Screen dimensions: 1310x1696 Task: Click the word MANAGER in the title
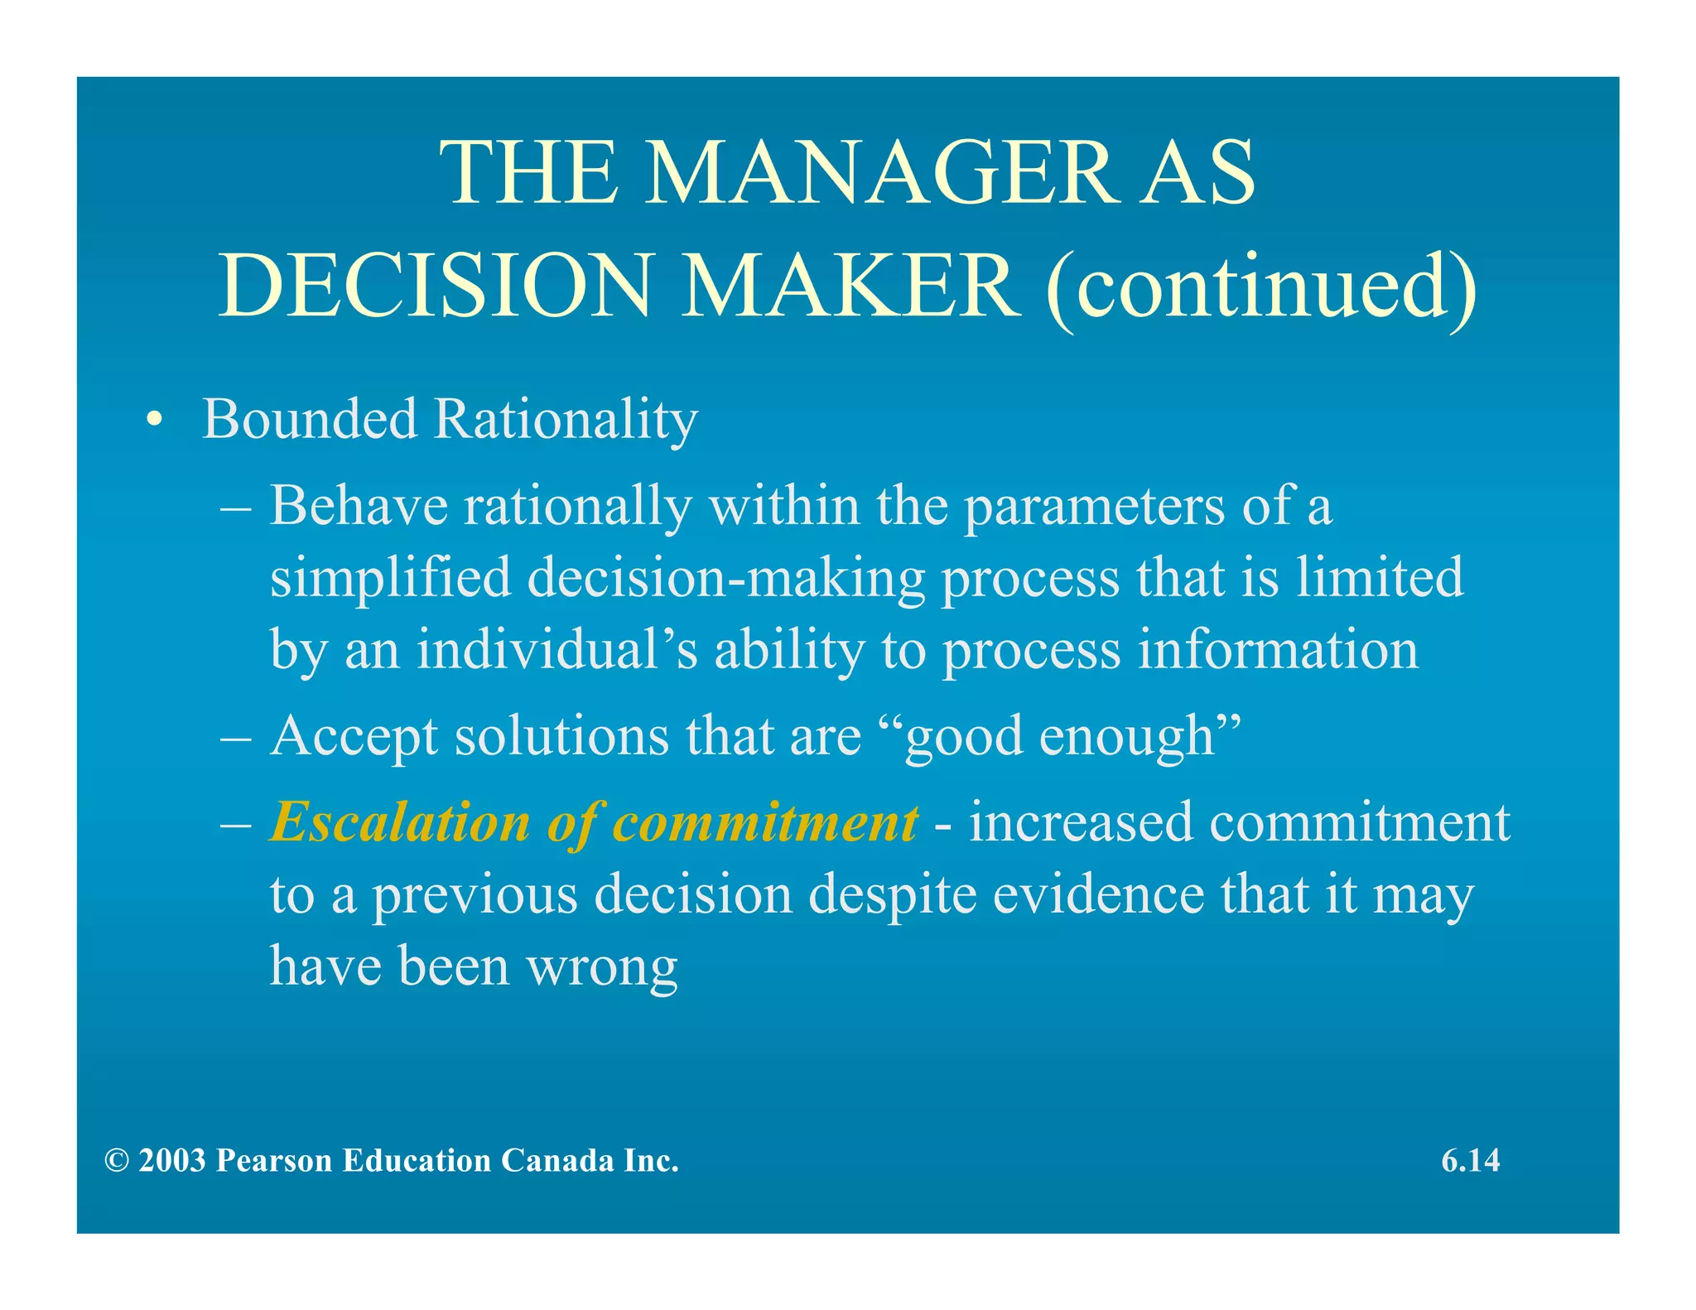[x=879, y=173]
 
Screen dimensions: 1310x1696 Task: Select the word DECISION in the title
[x=436, y=286]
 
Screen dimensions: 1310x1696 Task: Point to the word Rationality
[x=566, y=421]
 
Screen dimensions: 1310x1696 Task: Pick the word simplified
[x=390, y=578]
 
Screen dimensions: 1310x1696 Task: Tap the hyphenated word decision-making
[x=726, y=578]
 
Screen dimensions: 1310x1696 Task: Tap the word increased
[x=1081, y=822]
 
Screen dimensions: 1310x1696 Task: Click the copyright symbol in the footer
[x=117, y=1161]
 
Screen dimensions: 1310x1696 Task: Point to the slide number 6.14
[x=1470, y=1161]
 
